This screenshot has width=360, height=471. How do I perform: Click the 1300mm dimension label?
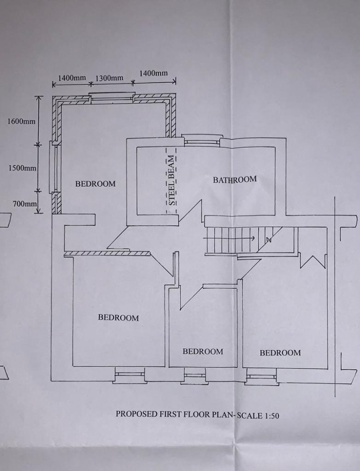(109, 78)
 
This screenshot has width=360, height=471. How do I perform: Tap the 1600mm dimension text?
(21, 121)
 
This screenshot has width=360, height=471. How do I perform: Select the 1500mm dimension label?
(22, 168)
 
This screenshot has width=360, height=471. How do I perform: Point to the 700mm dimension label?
(24, 204)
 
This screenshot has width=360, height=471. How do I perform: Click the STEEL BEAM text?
(171, 180)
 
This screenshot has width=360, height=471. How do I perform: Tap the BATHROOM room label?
(235, 180)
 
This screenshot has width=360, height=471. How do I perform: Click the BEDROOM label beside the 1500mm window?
(95, 184)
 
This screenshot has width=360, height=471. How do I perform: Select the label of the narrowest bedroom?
(203, 351)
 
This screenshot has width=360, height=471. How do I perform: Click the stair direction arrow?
(229, 238)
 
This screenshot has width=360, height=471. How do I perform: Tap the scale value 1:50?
(272, 416)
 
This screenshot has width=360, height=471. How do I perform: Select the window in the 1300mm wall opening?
(112, 98)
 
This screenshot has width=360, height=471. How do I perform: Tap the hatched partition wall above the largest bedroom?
(107, 254)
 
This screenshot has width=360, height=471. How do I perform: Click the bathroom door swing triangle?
(190, 213)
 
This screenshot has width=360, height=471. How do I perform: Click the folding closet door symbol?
(313, 261)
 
